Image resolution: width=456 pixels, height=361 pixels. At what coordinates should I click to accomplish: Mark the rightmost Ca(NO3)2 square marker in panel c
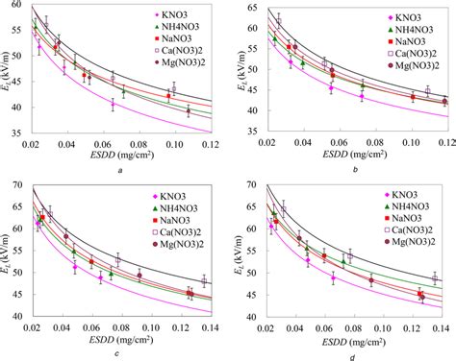(x=204, y=282)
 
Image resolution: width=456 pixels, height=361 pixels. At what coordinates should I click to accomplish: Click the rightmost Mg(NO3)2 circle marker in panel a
(x=188, y=110)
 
